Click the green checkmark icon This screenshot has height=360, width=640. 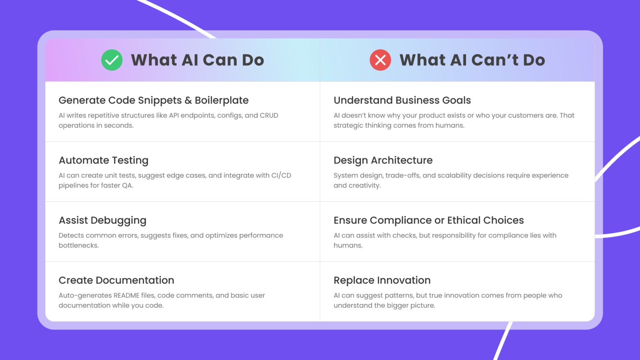(112, 60)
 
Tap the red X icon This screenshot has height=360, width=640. (380, 60)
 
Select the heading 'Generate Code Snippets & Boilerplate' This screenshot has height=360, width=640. (154, 100)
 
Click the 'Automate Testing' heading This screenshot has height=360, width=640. (104, 160)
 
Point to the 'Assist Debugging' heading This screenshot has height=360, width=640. (102, 220)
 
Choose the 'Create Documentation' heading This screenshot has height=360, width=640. (116, 280)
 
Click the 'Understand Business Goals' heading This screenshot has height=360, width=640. (402, 100)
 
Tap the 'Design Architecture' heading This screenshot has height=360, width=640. (383, 160)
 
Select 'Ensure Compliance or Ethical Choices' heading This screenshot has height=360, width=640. (429, 220)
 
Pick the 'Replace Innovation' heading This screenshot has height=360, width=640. (382, 280)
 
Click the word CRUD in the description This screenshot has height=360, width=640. (269, 116)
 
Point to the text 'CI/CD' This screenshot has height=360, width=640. (281, 176)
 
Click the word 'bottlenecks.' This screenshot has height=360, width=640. (79, 246)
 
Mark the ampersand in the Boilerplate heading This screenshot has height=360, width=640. (188, 100)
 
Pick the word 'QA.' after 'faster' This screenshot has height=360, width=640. (128, 186)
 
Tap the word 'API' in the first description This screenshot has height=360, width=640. (174, 116)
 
